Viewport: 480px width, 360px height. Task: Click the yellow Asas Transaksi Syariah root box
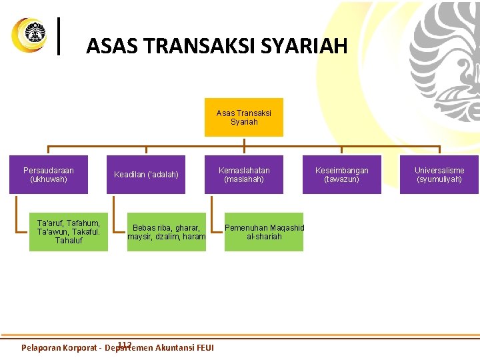click(x=243, y=117)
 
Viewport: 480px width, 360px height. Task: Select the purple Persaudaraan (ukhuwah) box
click(x=49, y=175)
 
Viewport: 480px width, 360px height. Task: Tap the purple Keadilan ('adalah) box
click(x=146, y=175)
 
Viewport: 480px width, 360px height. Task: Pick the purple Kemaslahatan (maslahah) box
click(x=244, y=175)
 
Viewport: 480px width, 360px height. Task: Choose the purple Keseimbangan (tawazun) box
click(x=341, y=175)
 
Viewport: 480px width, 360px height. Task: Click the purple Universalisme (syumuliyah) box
click(x=439, y=175)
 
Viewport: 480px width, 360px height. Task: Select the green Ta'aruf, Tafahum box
click(x=69, y=231)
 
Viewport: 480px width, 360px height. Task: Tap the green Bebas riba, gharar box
click(x=167, y=231)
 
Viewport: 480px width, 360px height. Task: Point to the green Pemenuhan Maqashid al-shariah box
click(x=264, y=231)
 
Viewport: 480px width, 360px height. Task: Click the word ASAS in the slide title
click(x=107, y=46)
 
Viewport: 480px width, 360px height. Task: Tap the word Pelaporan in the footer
click(x=41, y=347)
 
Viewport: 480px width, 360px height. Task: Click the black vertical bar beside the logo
click(x=61, y=35)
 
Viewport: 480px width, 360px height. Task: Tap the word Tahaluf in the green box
click(x=69, y=241)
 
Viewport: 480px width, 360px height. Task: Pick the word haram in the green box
click(x=194, y=237)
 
